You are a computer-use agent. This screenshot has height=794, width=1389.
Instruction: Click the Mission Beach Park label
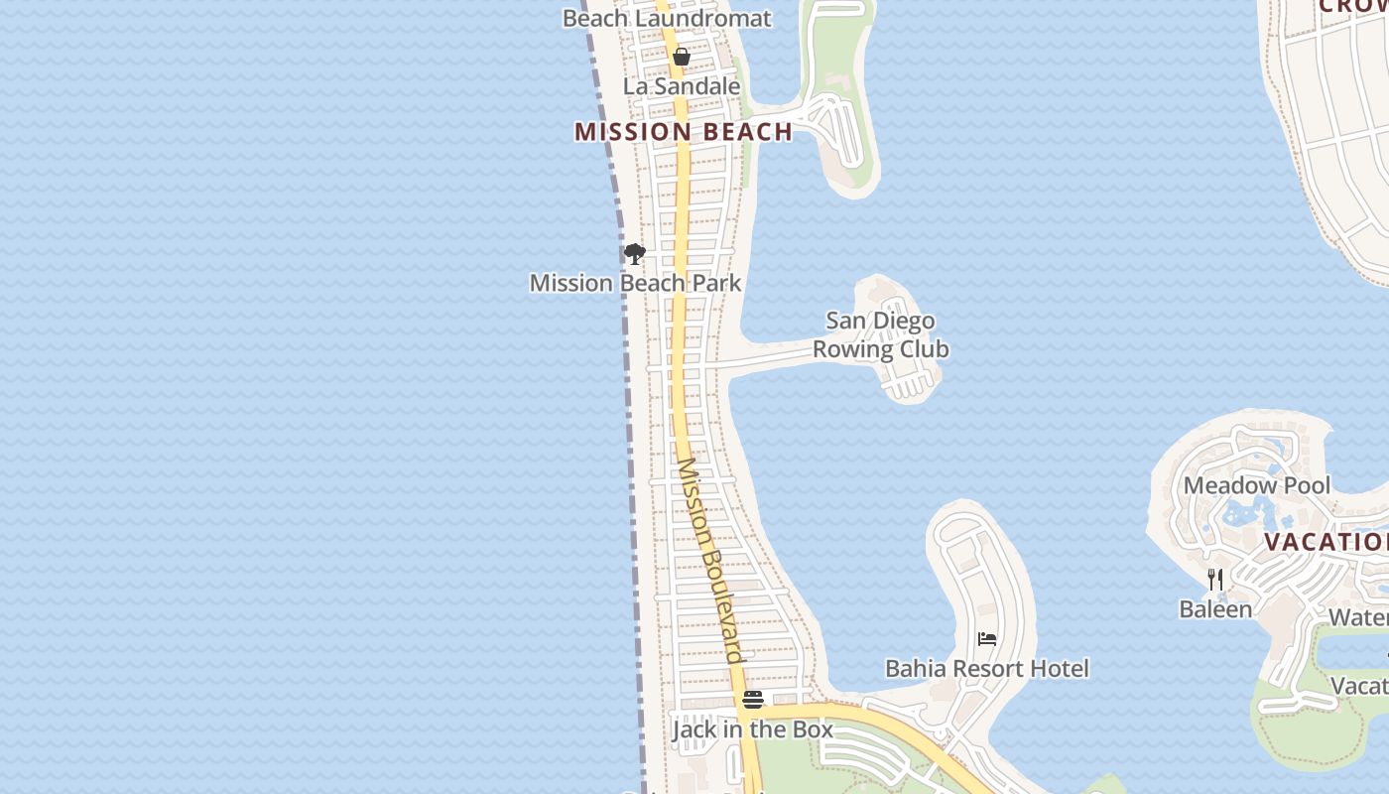coord(635,283)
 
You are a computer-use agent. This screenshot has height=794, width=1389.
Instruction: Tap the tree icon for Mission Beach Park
coord(635,254)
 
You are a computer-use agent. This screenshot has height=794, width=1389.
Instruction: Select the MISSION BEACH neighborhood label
coord(684,132)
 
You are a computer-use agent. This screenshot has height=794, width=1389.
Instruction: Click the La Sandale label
coord(682,86)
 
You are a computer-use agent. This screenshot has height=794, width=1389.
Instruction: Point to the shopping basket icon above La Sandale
coord(682,57)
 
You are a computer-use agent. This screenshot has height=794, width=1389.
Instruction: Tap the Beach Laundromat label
coord(667,18)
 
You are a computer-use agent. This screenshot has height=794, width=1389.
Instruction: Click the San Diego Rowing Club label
coord(881,334)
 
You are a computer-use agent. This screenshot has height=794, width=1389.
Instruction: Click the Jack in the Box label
coord(753,729)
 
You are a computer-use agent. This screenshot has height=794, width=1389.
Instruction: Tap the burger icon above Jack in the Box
coord(753,700)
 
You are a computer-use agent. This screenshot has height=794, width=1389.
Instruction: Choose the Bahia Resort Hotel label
coord(987,668)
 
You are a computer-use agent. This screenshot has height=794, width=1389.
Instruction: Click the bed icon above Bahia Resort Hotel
coord(987,639)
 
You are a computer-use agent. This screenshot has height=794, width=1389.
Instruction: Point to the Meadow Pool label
coord(1257,485)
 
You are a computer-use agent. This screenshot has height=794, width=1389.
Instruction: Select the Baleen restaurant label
coord(1215,608)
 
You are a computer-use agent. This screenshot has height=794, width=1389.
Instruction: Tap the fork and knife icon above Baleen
coord(1215,580)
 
